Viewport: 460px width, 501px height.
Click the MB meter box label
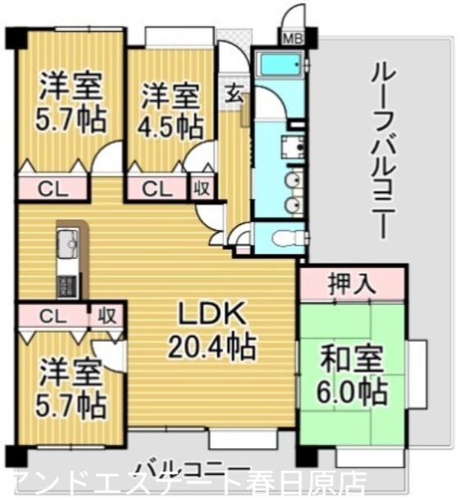pos(291,38)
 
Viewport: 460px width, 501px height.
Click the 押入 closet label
pos(353,284)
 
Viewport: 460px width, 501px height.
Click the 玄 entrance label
pos(235,94)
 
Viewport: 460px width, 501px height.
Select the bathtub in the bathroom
pos(281,64)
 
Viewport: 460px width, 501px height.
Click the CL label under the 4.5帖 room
pos(156,188)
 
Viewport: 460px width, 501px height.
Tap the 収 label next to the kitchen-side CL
pos(106,315)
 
